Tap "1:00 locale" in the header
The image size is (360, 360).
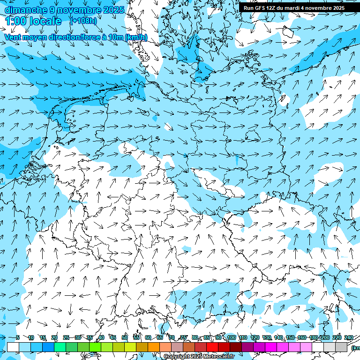(x=33, y=21)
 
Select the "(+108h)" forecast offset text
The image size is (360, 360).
(x=83, y=21)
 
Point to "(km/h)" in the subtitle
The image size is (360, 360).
(x=136, y=37)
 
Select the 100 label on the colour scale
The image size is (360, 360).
(x=231, y=338)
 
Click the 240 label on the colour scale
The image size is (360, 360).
(x=348, y=338)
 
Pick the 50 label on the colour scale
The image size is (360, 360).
(x=124, y=338)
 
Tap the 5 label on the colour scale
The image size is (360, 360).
(x=18, y=338)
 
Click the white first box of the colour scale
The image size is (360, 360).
(x=13, y=347)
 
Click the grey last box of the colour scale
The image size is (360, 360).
(x=341, y=347)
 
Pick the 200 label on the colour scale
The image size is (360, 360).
(x=325, y=338)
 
